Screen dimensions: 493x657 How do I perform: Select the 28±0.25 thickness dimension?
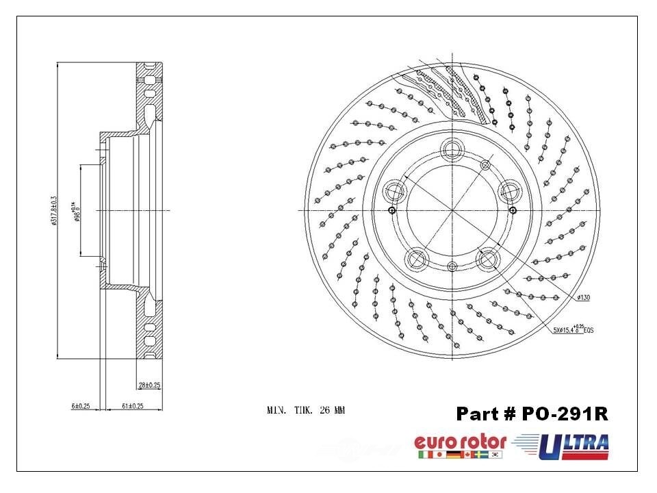149,385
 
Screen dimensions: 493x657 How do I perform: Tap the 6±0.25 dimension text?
80,406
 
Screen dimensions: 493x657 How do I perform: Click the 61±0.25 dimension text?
131,406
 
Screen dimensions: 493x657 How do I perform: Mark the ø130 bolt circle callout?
583,298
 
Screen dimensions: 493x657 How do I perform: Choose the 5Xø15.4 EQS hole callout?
574,329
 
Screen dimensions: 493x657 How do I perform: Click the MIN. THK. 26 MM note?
305,411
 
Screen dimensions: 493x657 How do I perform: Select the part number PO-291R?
532,414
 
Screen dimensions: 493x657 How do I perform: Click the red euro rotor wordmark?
460,442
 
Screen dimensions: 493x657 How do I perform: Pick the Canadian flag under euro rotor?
467,455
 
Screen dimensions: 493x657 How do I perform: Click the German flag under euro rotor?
452,455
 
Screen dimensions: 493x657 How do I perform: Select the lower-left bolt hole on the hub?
416,259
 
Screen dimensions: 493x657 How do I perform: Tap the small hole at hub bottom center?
452,266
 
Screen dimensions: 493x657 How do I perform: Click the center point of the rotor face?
452,210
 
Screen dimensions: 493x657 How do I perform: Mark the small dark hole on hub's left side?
391,210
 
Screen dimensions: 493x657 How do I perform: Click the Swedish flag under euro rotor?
482,455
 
